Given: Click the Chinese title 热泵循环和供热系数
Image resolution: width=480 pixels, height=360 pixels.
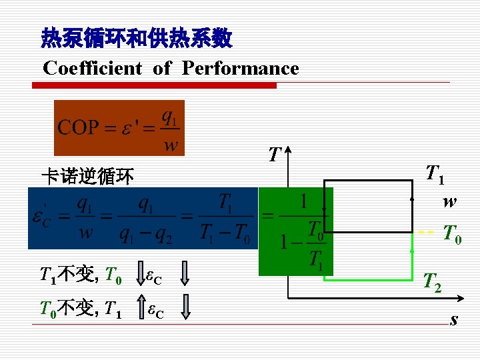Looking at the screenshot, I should (137, 38).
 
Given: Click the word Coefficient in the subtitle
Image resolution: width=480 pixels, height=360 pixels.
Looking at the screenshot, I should (93, 68).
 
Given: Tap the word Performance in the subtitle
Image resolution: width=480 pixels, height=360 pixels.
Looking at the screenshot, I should (240, 68).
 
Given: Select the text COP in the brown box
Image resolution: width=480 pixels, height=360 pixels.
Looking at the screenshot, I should (78, 127).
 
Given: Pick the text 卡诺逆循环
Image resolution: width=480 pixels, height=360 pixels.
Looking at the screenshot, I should (87, 176).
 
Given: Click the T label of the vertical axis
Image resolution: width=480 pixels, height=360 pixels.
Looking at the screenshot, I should (274, 155).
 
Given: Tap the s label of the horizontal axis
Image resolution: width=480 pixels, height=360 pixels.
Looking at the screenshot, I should (454, 320).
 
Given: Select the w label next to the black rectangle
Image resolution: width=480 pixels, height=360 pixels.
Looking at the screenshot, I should (449, 201).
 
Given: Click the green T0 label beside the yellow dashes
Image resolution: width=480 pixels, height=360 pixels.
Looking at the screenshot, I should (452, 234).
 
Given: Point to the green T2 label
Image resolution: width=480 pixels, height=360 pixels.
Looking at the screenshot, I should (433, 284).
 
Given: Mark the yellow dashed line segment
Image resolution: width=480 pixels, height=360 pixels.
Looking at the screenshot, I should (427, 233).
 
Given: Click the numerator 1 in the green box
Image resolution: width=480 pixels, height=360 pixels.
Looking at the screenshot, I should (303, 201).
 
